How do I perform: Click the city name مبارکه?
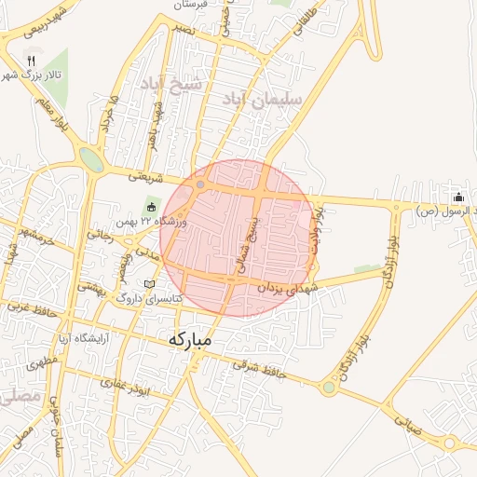(x=190, y=340)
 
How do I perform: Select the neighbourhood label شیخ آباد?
(x=170, y=84)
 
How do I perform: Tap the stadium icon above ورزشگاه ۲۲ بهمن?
(x=152, y=206)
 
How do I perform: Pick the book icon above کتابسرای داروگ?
(x=150, y=283)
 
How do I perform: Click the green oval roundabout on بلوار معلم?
(x=91, y=158)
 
